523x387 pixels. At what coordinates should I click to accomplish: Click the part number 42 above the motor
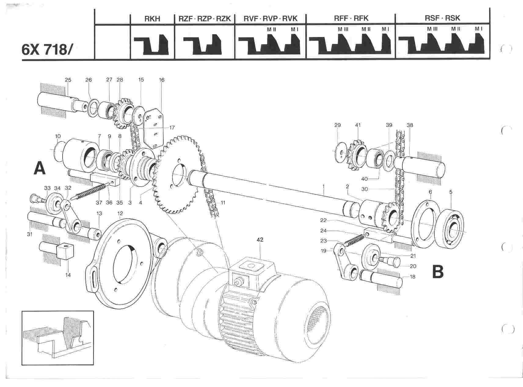pyautogui.click(x=260, y=240)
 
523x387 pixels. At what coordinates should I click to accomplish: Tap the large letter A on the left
pyautogui.click(x=39, y=168)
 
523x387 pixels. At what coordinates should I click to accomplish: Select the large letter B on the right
pyautogui.click(x=438, y=272)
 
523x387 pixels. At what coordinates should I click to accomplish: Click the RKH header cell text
pyautogui.click(x=152, y=18)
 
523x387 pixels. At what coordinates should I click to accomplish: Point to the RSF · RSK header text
pyautogui.click(x=442, y=18)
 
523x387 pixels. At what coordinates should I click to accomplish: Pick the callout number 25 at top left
pyautogui.click(x=68, y=80)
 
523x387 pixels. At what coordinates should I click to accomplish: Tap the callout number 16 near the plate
pyautogui.click(x=162, y=80)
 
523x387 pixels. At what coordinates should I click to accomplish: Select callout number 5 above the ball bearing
pyautogui.click(x=451, y=192)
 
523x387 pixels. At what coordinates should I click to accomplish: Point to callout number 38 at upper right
pyautogui.click(x=410, y=125)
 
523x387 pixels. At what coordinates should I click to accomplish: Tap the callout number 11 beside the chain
pyautogui.click(x=223, y=203)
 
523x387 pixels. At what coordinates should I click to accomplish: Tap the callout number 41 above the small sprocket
pyautogui.click(x=358, y=125)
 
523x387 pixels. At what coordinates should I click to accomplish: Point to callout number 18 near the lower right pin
pyautogui.click(x=413, y=277)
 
